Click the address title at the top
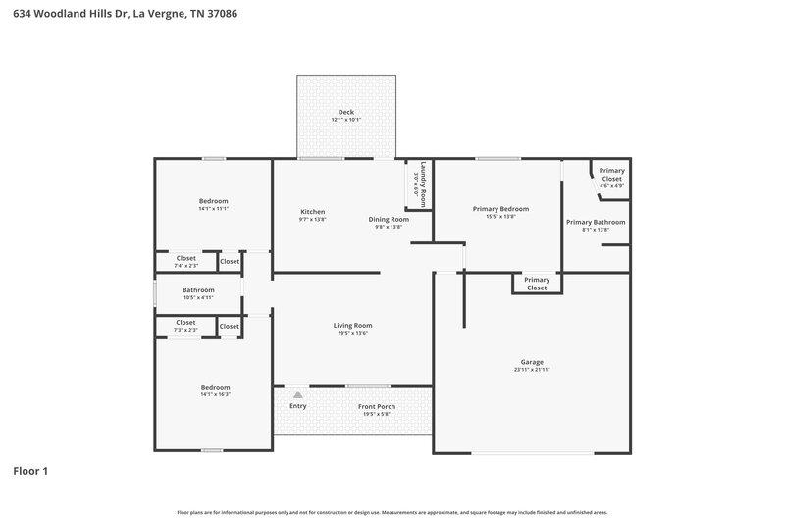[125, 15]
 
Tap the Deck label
[346, 112]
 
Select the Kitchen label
[312, 212]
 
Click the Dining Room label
[389, 219]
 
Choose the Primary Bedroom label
[500, 208]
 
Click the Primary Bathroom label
[596, 222]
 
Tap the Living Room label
[352, 325]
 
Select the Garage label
[532, 361]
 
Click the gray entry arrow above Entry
[298, 392]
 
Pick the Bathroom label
[198, 289]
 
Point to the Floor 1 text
[30, 471]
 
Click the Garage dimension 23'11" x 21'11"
[532, 370]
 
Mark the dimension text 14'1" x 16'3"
[215, 394]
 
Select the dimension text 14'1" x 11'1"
[213, 209]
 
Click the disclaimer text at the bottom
[392, 512]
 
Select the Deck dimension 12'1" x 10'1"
[346, 120]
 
